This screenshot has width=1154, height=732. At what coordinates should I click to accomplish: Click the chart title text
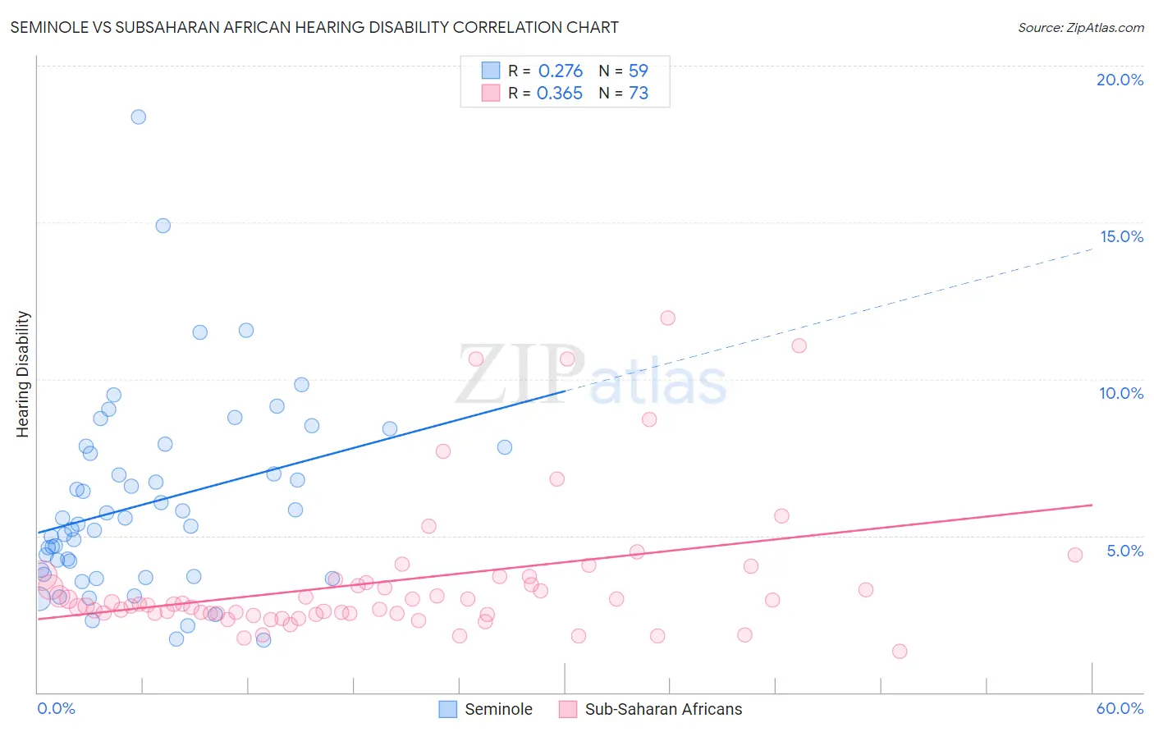coord(314,28)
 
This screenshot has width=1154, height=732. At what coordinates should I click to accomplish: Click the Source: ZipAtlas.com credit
coord(1080,28)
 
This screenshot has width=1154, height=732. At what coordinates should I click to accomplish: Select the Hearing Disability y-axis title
coord(23,374)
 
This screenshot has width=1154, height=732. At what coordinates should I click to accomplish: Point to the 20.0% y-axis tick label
coord(1120,80)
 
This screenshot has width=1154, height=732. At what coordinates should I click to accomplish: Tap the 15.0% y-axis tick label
coord(1121,236)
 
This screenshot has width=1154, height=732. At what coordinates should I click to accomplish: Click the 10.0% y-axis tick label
coord(1121,393)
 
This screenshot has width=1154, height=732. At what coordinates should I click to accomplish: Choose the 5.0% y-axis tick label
coord(1124,551)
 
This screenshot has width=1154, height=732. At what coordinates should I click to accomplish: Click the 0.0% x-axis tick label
coord(56,708)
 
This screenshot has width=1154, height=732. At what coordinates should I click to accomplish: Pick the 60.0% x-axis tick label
coord(1120,708)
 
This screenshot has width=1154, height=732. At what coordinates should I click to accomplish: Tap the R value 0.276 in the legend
coord(561,71)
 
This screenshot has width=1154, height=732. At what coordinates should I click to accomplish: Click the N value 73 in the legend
coord(639,94)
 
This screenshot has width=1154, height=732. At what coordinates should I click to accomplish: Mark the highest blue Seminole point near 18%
coord(139,117)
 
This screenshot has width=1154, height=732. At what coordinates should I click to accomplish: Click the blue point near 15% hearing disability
coord(163,226)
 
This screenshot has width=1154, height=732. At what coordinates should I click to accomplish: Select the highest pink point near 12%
coord(667,318)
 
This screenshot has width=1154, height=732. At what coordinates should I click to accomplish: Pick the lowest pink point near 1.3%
coord(900,652)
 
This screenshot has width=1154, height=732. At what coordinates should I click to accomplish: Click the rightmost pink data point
coord(1075,555)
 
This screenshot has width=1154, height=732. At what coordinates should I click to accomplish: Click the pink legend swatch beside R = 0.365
coord(491,93)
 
